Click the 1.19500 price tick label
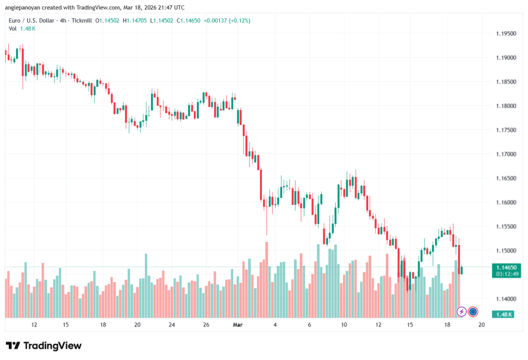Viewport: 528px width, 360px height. (x=506, y=34)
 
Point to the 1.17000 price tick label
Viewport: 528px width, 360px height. (x=506, y=154)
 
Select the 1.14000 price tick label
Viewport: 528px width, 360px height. (x=506, y=299)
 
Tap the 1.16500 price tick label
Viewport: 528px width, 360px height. (x=506, y=178)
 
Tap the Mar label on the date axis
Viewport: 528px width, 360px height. (x=238, y=325)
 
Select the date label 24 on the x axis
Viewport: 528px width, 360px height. (x=172, y=325)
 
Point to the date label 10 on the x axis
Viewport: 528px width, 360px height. (x=343, y=325)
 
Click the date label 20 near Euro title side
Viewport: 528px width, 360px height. (x=137, y=325)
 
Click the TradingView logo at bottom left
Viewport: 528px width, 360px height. (x=44, y=346)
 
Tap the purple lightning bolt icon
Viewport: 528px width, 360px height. (x=461, y=312)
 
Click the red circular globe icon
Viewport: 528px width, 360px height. (x=473, y=312)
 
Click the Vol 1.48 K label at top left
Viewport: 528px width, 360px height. (x=22, y=28)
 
